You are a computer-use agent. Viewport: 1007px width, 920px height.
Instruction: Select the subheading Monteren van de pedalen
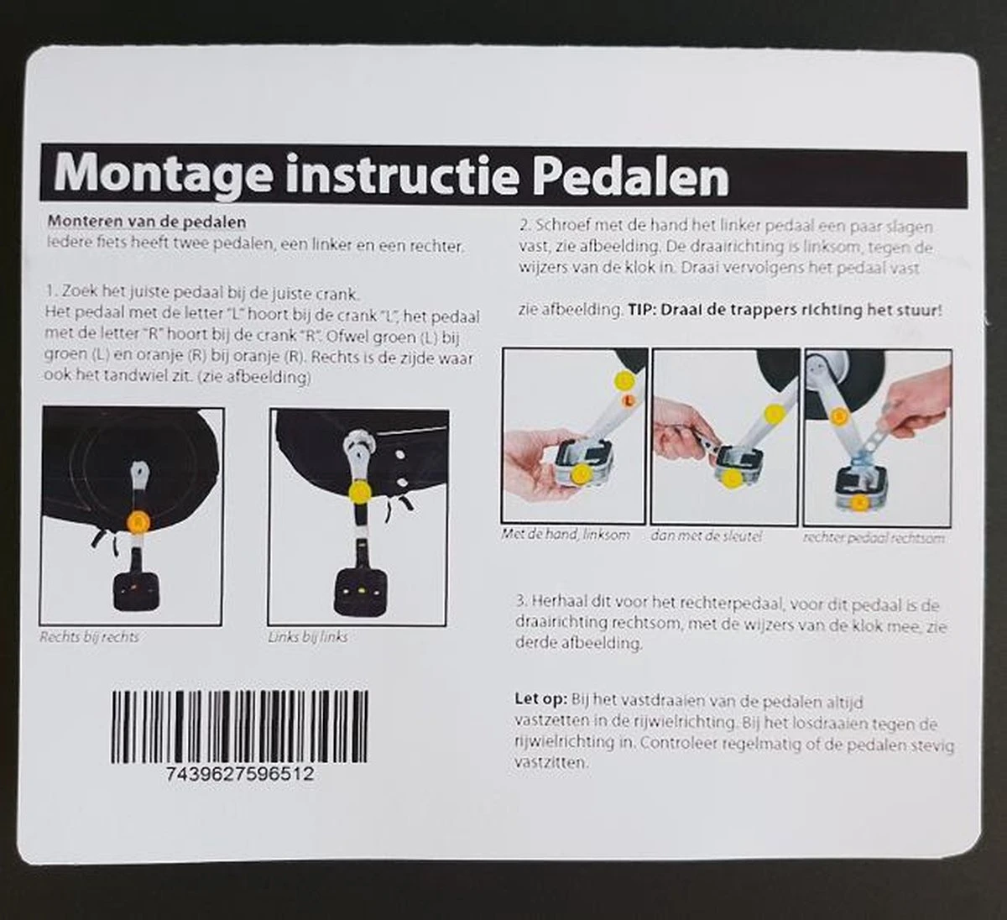(x=147, y=222)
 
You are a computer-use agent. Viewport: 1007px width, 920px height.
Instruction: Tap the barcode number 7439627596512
(x=240, y=774)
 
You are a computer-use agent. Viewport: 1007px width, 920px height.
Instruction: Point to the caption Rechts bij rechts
(x=90, y=637)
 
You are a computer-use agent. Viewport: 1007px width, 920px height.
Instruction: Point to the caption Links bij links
(x=307, y=637)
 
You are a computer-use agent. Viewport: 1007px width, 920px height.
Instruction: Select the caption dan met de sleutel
(x=706, y=536)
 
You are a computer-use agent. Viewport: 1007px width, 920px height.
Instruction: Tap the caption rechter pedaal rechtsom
(x=873, y=537)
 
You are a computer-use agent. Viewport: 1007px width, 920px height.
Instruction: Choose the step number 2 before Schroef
(x=524, y=227)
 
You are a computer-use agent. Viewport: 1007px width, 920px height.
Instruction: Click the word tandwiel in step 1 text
(x=148, y=378)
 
